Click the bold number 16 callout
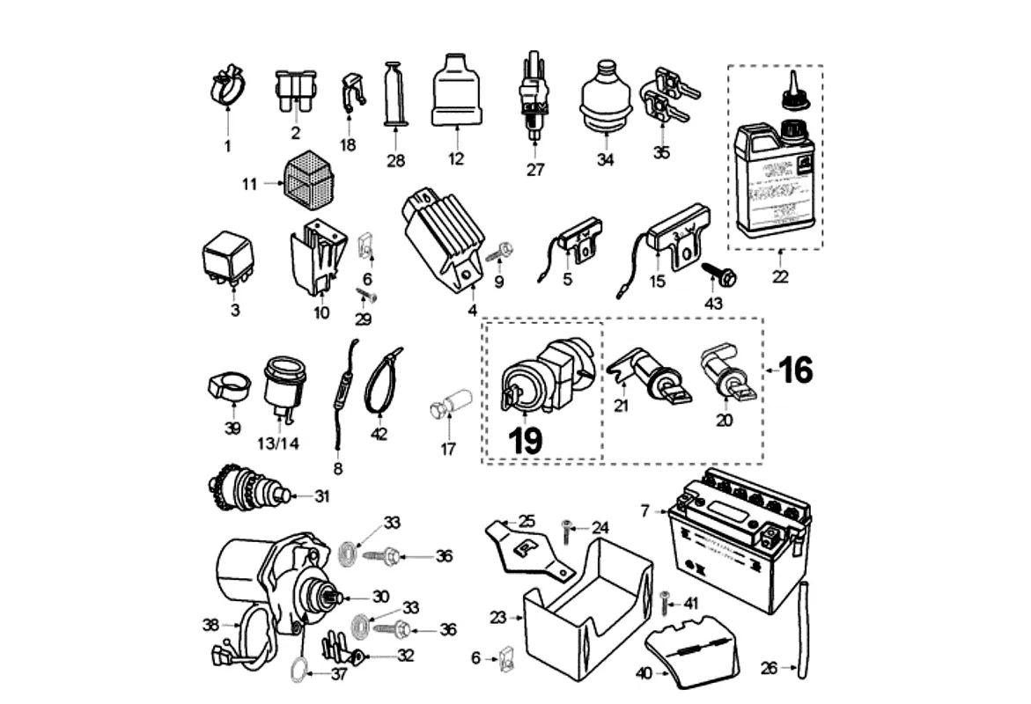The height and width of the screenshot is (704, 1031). (796, 370)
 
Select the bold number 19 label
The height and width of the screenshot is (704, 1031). (527, 440)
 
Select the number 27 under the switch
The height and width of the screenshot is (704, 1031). (535, 170)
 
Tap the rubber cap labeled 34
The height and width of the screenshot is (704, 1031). (605, 99)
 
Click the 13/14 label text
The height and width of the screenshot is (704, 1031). (276, 443)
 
